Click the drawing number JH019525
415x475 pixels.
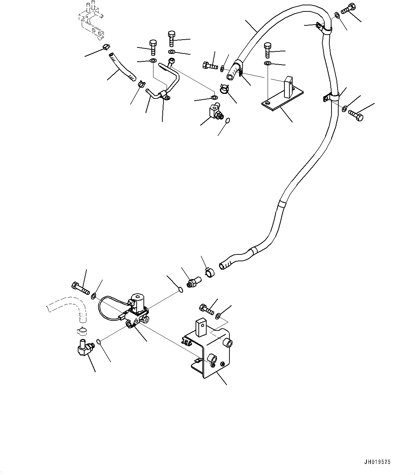coord(377,462)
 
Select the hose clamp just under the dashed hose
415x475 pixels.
coord(82,331)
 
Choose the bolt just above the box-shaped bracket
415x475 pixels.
coord(206,309)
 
